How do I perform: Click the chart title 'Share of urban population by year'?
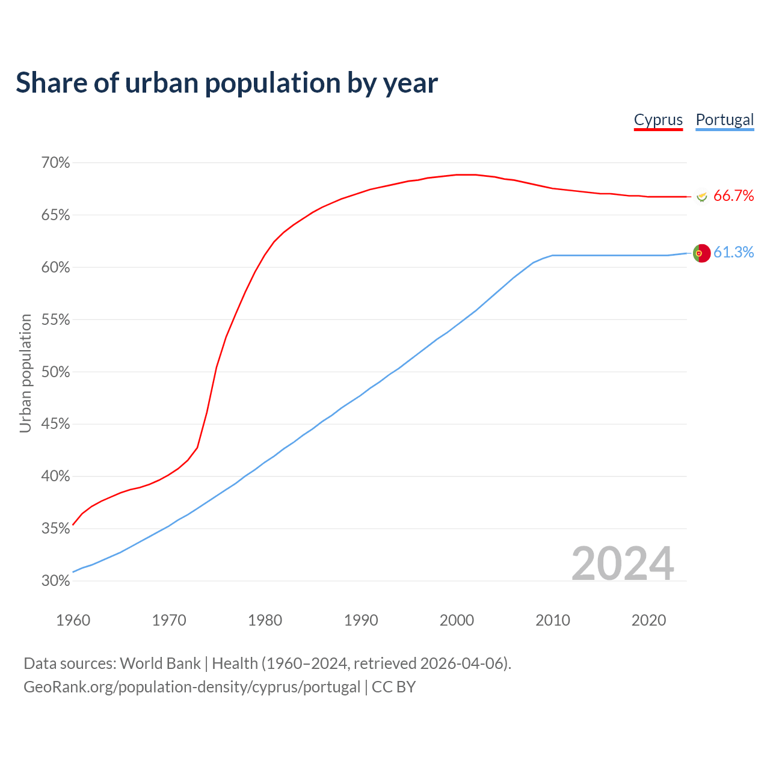point(227,83)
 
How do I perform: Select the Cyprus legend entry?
point(658,120)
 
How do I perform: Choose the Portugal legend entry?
point(724,120)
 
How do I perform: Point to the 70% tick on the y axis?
point(55,163)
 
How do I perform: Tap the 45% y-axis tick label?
point(55,424)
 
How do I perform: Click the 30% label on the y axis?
point(55,581)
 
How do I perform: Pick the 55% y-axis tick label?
point(55,320)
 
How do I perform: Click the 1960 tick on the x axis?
point(73,620)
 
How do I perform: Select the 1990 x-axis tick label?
point(361,620)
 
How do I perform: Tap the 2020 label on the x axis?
point(648,620)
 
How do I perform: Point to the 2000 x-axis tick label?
point(457,620)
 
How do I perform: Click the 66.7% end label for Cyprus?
point(733,196)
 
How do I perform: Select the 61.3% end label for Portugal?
point(733,253)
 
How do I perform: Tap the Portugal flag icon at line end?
point(701,253)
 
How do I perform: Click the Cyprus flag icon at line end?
point(701,196)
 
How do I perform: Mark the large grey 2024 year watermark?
point(623,564)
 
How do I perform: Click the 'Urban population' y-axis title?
point(25,373)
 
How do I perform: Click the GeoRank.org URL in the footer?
point(192,687)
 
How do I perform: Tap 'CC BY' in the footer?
point(394,687)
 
